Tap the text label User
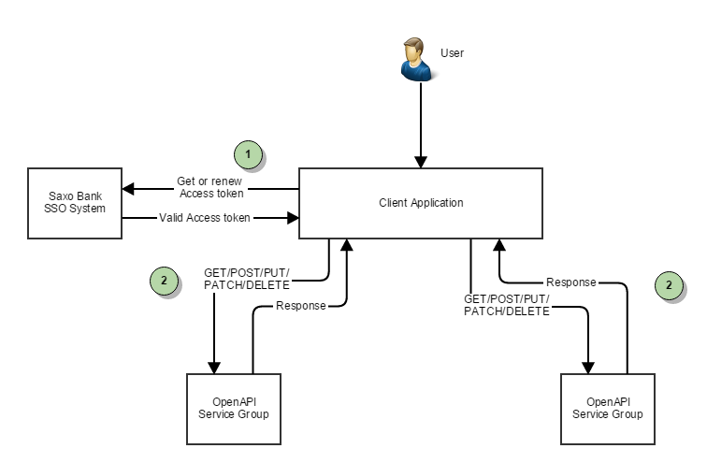(x=452, y=53)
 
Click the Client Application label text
(x=421, y=203)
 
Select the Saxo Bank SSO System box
(x=75, y=202)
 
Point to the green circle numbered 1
(x=247, y=153)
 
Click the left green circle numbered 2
(x=164, y=280)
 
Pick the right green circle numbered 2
(x=668, y=285)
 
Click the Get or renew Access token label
(x=210, y=187)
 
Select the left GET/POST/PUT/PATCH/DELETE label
(x=247, y=279)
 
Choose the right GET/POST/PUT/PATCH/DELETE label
(x=506, y=305)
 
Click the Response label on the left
(x=300, y=306)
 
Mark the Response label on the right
(x=571, y=282)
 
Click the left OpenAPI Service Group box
(x=234, y=408)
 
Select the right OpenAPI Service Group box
(x=607, y=408)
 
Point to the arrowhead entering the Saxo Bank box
(x=129, y=189)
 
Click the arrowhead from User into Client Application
(x=421, y=162)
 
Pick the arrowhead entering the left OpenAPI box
(x=215, y=367)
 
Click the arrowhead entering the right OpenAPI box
(x=588, y=367)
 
